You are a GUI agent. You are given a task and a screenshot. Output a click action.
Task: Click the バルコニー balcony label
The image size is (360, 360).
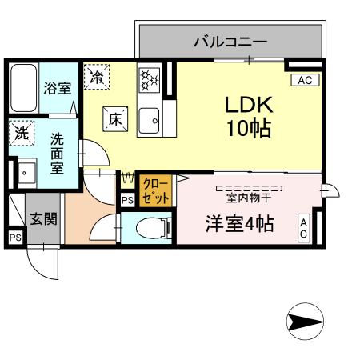coord(230,41)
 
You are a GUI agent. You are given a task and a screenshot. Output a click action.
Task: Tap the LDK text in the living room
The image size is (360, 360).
coord(248,104)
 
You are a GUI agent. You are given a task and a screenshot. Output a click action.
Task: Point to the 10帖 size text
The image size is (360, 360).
coord(248,127)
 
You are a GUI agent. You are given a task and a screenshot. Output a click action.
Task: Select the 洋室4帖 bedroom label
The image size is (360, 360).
coord(237,224)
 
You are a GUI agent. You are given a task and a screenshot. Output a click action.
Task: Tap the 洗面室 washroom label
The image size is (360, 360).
coord(58,152)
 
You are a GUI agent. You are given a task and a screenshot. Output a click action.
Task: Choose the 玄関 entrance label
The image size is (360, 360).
coord(43,218)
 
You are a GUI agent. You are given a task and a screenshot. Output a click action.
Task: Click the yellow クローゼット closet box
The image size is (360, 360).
coord(151,191)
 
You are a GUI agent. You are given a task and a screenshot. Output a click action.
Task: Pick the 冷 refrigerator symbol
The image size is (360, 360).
coord(97,78)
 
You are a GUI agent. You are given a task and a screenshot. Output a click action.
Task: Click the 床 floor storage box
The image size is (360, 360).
coord(114,120)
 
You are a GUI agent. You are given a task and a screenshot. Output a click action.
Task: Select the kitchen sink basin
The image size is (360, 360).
coord(149,122)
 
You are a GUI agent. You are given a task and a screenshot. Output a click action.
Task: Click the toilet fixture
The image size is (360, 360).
coord(152,226)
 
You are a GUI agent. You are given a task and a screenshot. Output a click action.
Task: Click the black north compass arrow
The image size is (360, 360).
coord(304,322)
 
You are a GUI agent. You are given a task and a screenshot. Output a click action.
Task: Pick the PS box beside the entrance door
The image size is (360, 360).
coord(15,238)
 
